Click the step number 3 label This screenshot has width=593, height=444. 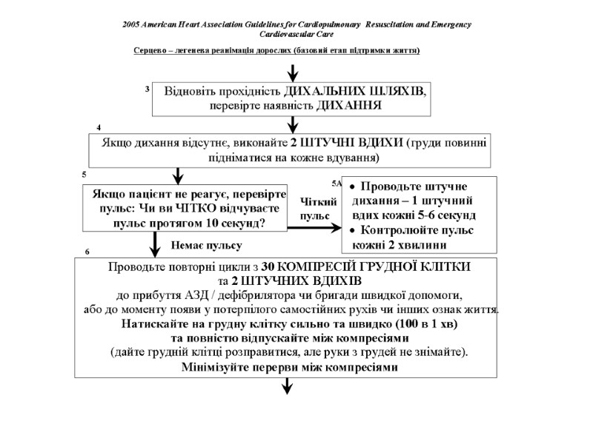tap(148, 90)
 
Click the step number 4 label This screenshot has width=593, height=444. tap(99, 128)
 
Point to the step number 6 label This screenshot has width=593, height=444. tap(87, 252)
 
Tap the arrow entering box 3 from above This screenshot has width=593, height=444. tap(294, 73)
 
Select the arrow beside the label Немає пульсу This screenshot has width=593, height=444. tap(156, 243)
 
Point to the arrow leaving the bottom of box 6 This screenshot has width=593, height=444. tap(287, 386)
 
